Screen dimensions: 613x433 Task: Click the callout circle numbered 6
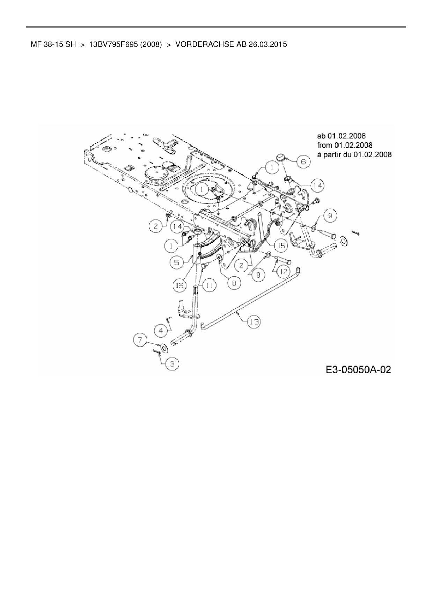[303, 161]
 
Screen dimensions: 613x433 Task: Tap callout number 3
[172, 364]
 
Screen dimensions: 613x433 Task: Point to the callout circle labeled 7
[161, 330]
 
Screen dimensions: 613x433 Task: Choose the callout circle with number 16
[180, 286]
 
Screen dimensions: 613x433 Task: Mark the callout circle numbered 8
[234, 282]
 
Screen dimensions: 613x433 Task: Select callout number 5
[177, 262]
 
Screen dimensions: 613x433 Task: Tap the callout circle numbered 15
[281, 246]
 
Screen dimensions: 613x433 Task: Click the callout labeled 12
[283, 271]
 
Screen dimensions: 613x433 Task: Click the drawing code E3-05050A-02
[359, 370]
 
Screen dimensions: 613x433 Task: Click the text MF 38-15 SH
[53, 45]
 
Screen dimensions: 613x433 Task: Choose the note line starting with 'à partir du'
[354, 154]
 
